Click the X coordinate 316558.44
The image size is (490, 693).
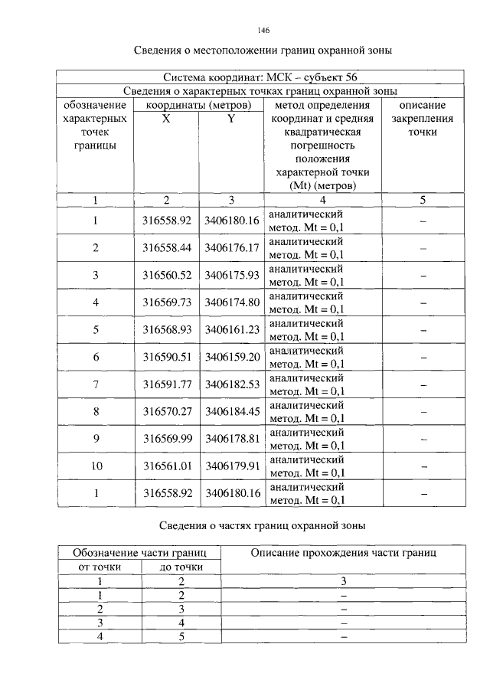(x=166, y=248)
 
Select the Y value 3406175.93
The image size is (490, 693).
(x=232, y=275)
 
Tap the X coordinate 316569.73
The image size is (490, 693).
(x=166, y=302)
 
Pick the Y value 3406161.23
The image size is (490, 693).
(x=232, y=329)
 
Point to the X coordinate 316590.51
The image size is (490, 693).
(x=166, y=357)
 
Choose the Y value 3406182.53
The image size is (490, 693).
(x=232, y=384)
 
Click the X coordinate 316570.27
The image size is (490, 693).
(x=166, y=411)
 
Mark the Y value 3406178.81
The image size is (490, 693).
(x=232, y=439)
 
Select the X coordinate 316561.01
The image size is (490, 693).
(x=166, y=466)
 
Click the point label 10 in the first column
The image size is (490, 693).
(x=96, y=466)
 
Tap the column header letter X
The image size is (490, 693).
(x=166, y=119)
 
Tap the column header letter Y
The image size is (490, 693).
(x=231, y=119)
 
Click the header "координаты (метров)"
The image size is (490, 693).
(x=199, y=105)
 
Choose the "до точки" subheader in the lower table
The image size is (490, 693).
(x=181, y=567)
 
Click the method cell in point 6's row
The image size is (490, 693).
(x=307, y=357)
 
